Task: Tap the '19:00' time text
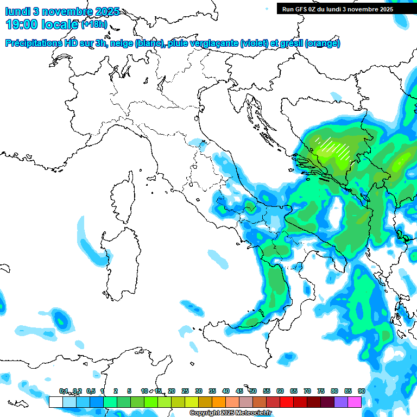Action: (x=22, y=24)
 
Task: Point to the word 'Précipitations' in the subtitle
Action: (x=33, y=43)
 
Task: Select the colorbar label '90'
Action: (x=361, y=391)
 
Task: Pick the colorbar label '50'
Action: (x=253, y=391)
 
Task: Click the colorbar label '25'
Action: (x=185, y=391)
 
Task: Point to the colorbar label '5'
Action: (x=129, y=391)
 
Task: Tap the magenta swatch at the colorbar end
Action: (x=354, y=402)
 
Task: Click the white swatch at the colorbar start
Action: (x=55, y=402)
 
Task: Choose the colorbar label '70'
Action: (x=307, y=391)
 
